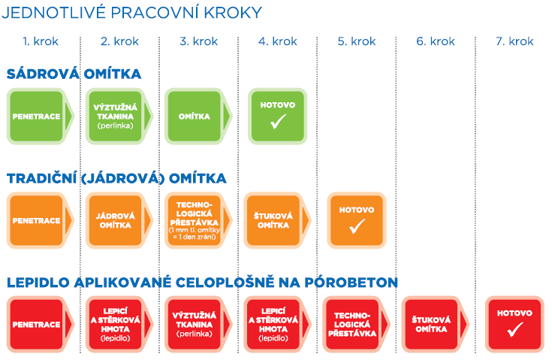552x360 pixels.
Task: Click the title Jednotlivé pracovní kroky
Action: [x=132, y=13]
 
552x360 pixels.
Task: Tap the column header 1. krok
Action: [x=41, y=41]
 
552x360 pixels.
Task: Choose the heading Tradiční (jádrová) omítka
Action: [x=116, y=178]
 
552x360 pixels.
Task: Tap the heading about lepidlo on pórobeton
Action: [x=202, y=283]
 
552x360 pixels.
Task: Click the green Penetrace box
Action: [x=38, y=116]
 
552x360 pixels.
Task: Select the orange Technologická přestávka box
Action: [x=195, y=220]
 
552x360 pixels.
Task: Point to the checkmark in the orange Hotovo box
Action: [x=357, y=225]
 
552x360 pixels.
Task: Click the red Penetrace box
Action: [x=38, y=324]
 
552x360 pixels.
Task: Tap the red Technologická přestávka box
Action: [x=353, y=324]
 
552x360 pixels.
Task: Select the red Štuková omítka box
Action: [x=432, y=324]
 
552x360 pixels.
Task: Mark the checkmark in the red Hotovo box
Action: [x=514, y=330]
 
